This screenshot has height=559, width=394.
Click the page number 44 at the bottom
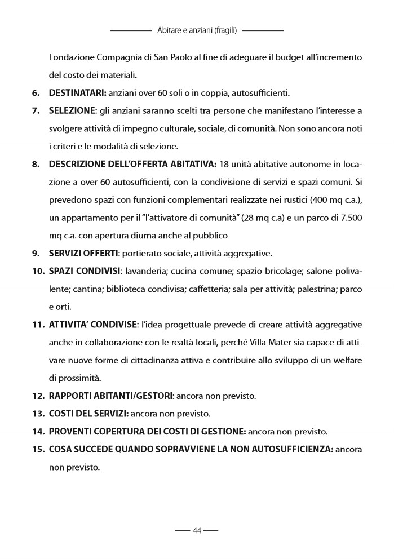tap(197, 530)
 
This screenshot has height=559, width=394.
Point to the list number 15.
tap(38, 450)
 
